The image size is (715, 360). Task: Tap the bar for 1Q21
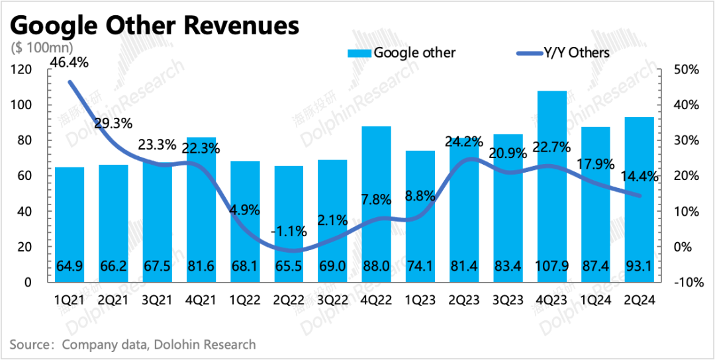click(70, 225)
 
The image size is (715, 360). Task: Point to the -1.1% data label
click(289, 232)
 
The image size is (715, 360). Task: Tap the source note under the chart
click(132, 344)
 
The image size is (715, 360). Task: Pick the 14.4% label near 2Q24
click(639, 177)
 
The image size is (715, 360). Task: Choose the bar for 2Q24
click(639, 199)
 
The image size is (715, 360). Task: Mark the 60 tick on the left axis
click(25, 176)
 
